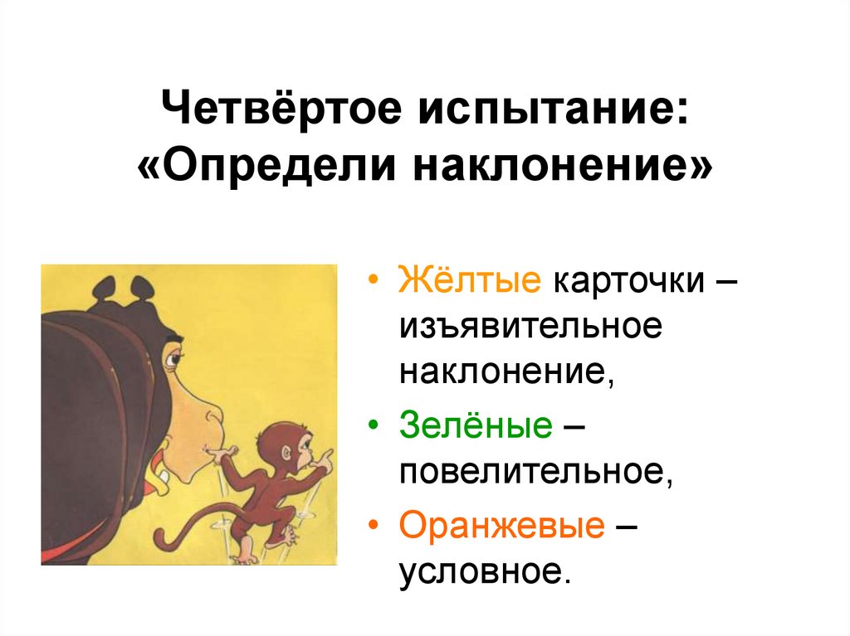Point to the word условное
coord(485,571)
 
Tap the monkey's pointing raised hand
coord(328,456)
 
